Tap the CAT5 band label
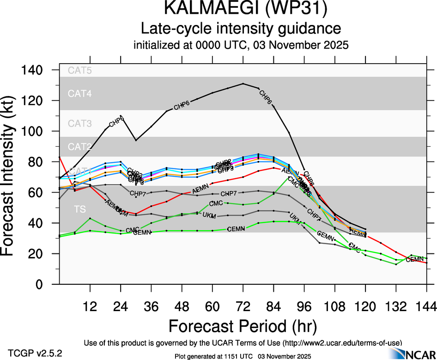80,71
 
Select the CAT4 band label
80,94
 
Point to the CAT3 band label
80,123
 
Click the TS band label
80,210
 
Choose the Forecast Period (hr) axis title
243,326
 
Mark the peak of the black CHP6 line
243,84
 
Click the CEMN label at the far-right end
415,260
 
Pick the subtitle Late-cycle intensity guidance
241,29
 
